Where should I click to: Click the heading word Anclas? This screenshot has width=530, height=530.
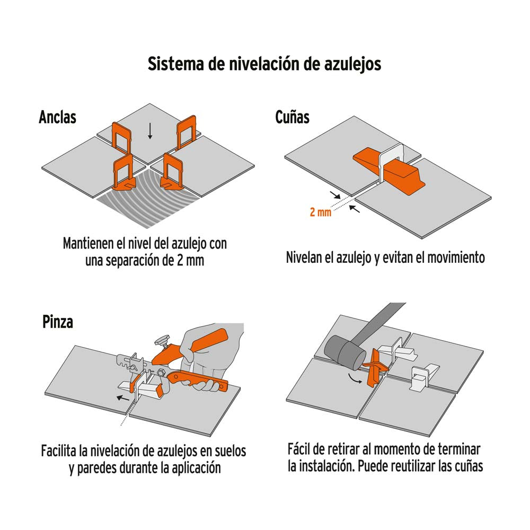click(x=57, y=117)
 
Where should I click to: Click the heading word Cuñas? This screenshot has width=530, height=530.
click(x=292, y=117)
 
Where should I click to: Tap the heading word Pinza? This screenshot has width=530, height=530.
click(x=58, y=322)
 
